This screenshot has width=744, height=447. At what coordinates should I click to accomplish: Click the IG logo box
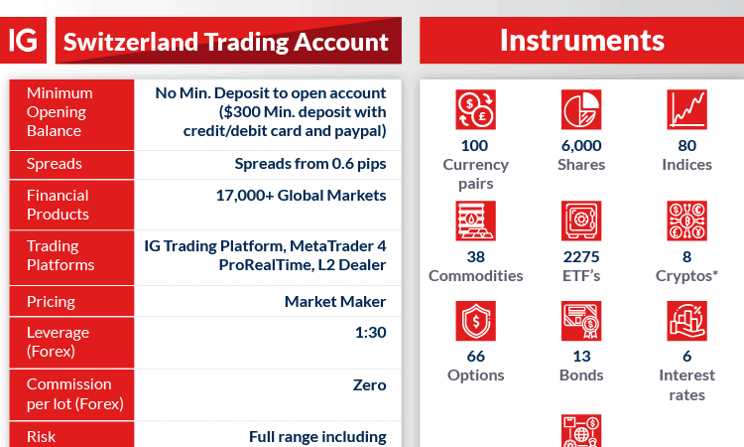click(23, 41)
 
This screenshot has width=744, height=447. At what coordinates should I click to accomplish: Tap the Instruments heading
click(582, 41)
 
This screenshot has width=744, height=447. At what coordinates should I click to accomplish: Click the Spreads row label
click(55, 164)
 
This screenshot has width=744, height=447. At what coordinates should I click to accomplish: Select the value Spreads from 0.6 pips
click(310, 164)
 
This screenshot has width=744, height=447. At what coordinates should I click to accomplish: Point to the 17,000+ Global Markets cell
click(301, 196)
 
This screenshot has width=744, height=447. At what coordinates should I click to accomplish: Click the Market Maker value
click(335, 302)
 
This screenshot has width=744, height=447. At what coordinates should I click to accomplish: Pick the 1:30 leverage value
click(371, 333)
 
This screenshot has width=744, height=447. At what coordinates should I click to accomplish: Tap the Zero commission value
click(370, 384)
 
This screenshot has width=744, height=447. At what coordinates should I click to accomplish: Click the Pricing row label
click(51, 302)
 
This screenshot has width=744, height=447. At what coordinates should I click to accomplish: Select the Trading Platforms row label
click(61, 255)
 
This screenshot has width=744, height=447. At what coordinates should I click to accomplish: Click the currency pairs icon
click(475, 109)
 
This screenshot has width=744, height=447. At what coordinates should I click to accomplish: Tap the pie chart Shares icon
click(581, 109)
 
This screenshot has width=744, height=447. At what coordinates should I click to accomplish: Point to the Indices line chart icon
click(686, 109)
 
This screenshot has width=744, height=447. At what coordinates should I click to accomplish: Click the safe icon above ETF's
click(581, 221)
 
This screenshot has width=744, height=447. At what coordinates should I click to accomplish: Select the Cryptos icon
click(686, 221)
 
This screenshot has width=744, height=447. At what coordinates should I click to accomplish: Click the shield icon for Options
click(475, 321)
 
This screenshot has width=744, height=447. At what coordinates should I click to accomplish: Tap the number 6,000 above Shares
click(581, 146)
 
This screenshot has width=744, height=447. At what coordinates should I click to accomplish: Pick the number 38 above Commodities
click(475, 257)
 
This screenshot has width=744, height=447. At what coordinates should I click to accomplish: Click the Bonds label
click(581, 375)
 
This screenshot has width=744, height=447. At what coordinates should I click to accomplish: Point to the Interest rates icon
click(686, 321)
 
